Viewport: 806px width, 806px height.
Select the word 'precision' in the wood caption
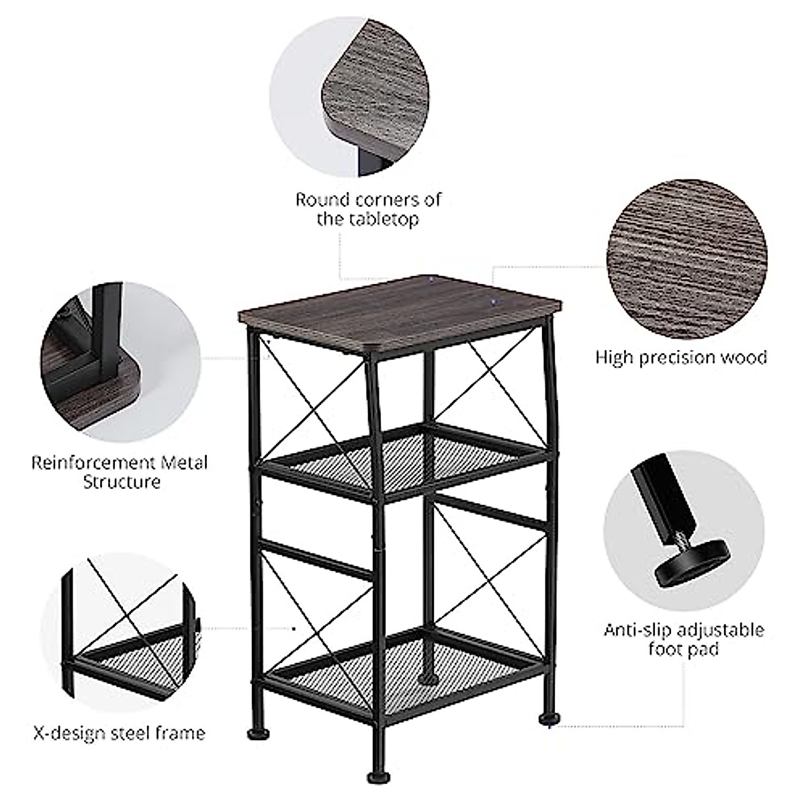tap(679, 357)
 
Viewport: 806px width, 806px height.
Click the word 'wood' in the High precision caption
tap(744, 357)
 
